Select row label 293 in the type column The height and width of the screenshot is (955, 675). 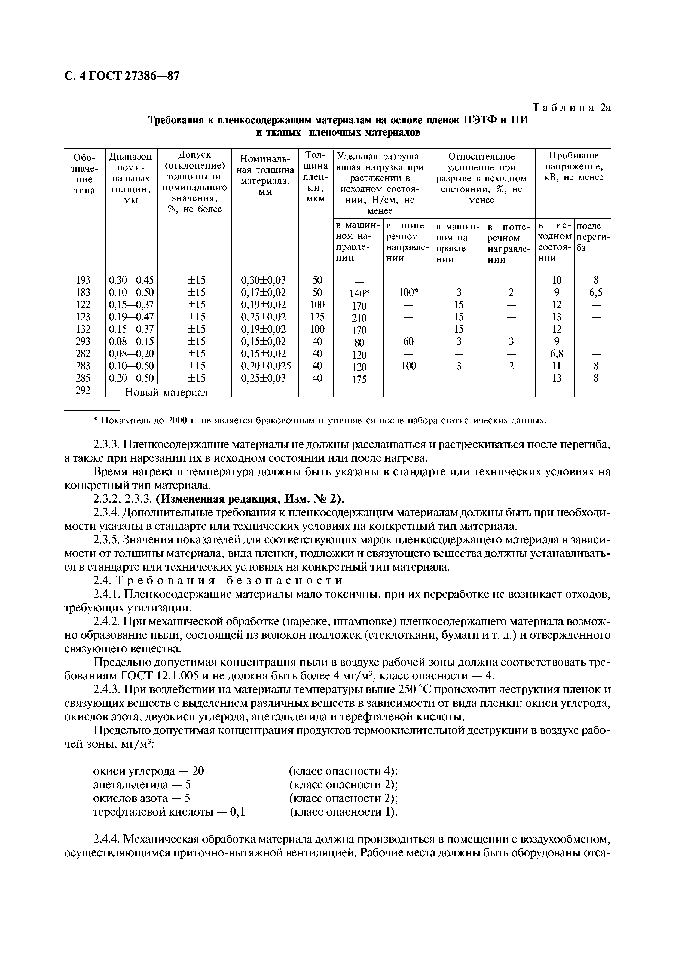pos(84,341)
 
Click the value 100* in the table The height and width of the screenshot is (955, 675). pos(408,292)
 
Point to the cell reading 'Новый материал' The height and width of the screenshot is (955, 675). pos(166,392)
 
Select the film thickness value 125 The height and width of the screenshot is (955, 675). pos(317,317)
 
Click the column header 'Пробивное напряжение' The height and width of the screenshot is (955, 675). pos(574,166)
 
